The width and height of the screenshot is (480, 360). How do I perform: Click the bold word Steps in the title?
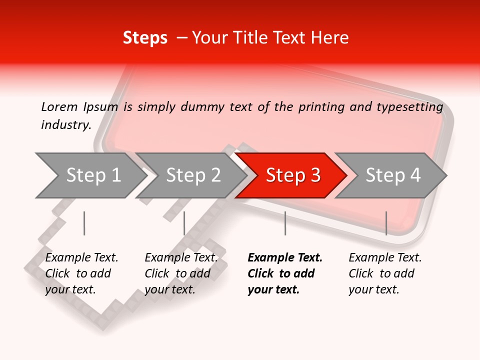145,38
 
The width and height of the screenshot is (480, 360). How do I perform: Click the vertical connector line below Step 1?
84,223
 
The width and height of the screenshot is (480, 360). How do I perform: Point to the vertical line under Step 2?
184,223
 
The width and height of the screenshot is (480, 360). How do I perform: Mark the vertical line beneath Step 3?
285,223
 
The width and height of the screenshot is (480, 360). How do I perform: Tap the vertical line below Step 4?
386,223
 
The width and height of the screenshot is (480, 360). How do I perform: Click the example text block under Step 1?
81,273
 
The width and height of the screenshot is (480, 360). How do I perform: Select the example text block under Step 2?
181,273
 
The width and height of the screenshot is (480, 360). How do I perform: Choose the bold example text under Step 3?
285,273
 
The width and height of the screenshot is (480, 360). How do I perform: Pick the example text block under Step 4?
385,273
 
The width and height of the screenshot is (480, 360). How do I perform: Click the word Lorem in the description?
59,106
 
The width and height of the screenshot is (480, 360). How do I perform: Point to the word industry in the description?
66,125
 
